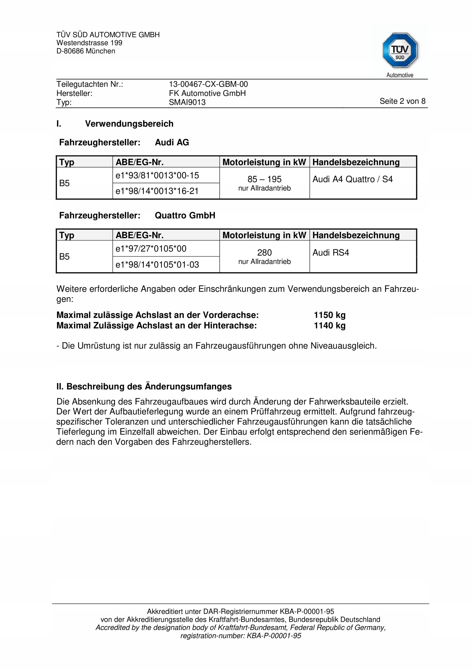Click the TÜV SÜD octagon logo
click(400, 50)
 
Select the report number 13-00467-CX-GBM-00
click(208, 84)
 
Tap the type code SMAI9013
click(187, 102)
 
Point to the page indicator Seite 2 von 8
click(402, 101)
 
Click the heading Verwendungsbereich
click(129, 124)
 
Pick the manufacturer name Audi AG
click(172, 142)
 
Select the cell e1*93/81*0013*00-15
click(157, 175)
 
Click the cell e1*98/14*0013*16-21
click(157, 191)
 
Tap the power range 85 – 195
click(264, 179)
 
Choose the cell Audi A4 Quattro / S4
click(352, 179)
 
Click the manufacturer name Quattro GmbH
click(185, 216)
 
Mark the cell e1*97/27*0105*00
click(151, 249)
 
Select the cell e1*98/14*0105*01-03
click(157, 264)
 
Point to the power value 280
click(264, 252)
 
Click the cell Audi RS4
click(331, 252)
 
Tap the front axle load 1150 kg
click(329, 315)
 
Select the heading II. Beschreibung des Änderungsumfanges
click(144, 387)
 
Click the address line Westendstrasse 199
click(89, 43)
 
